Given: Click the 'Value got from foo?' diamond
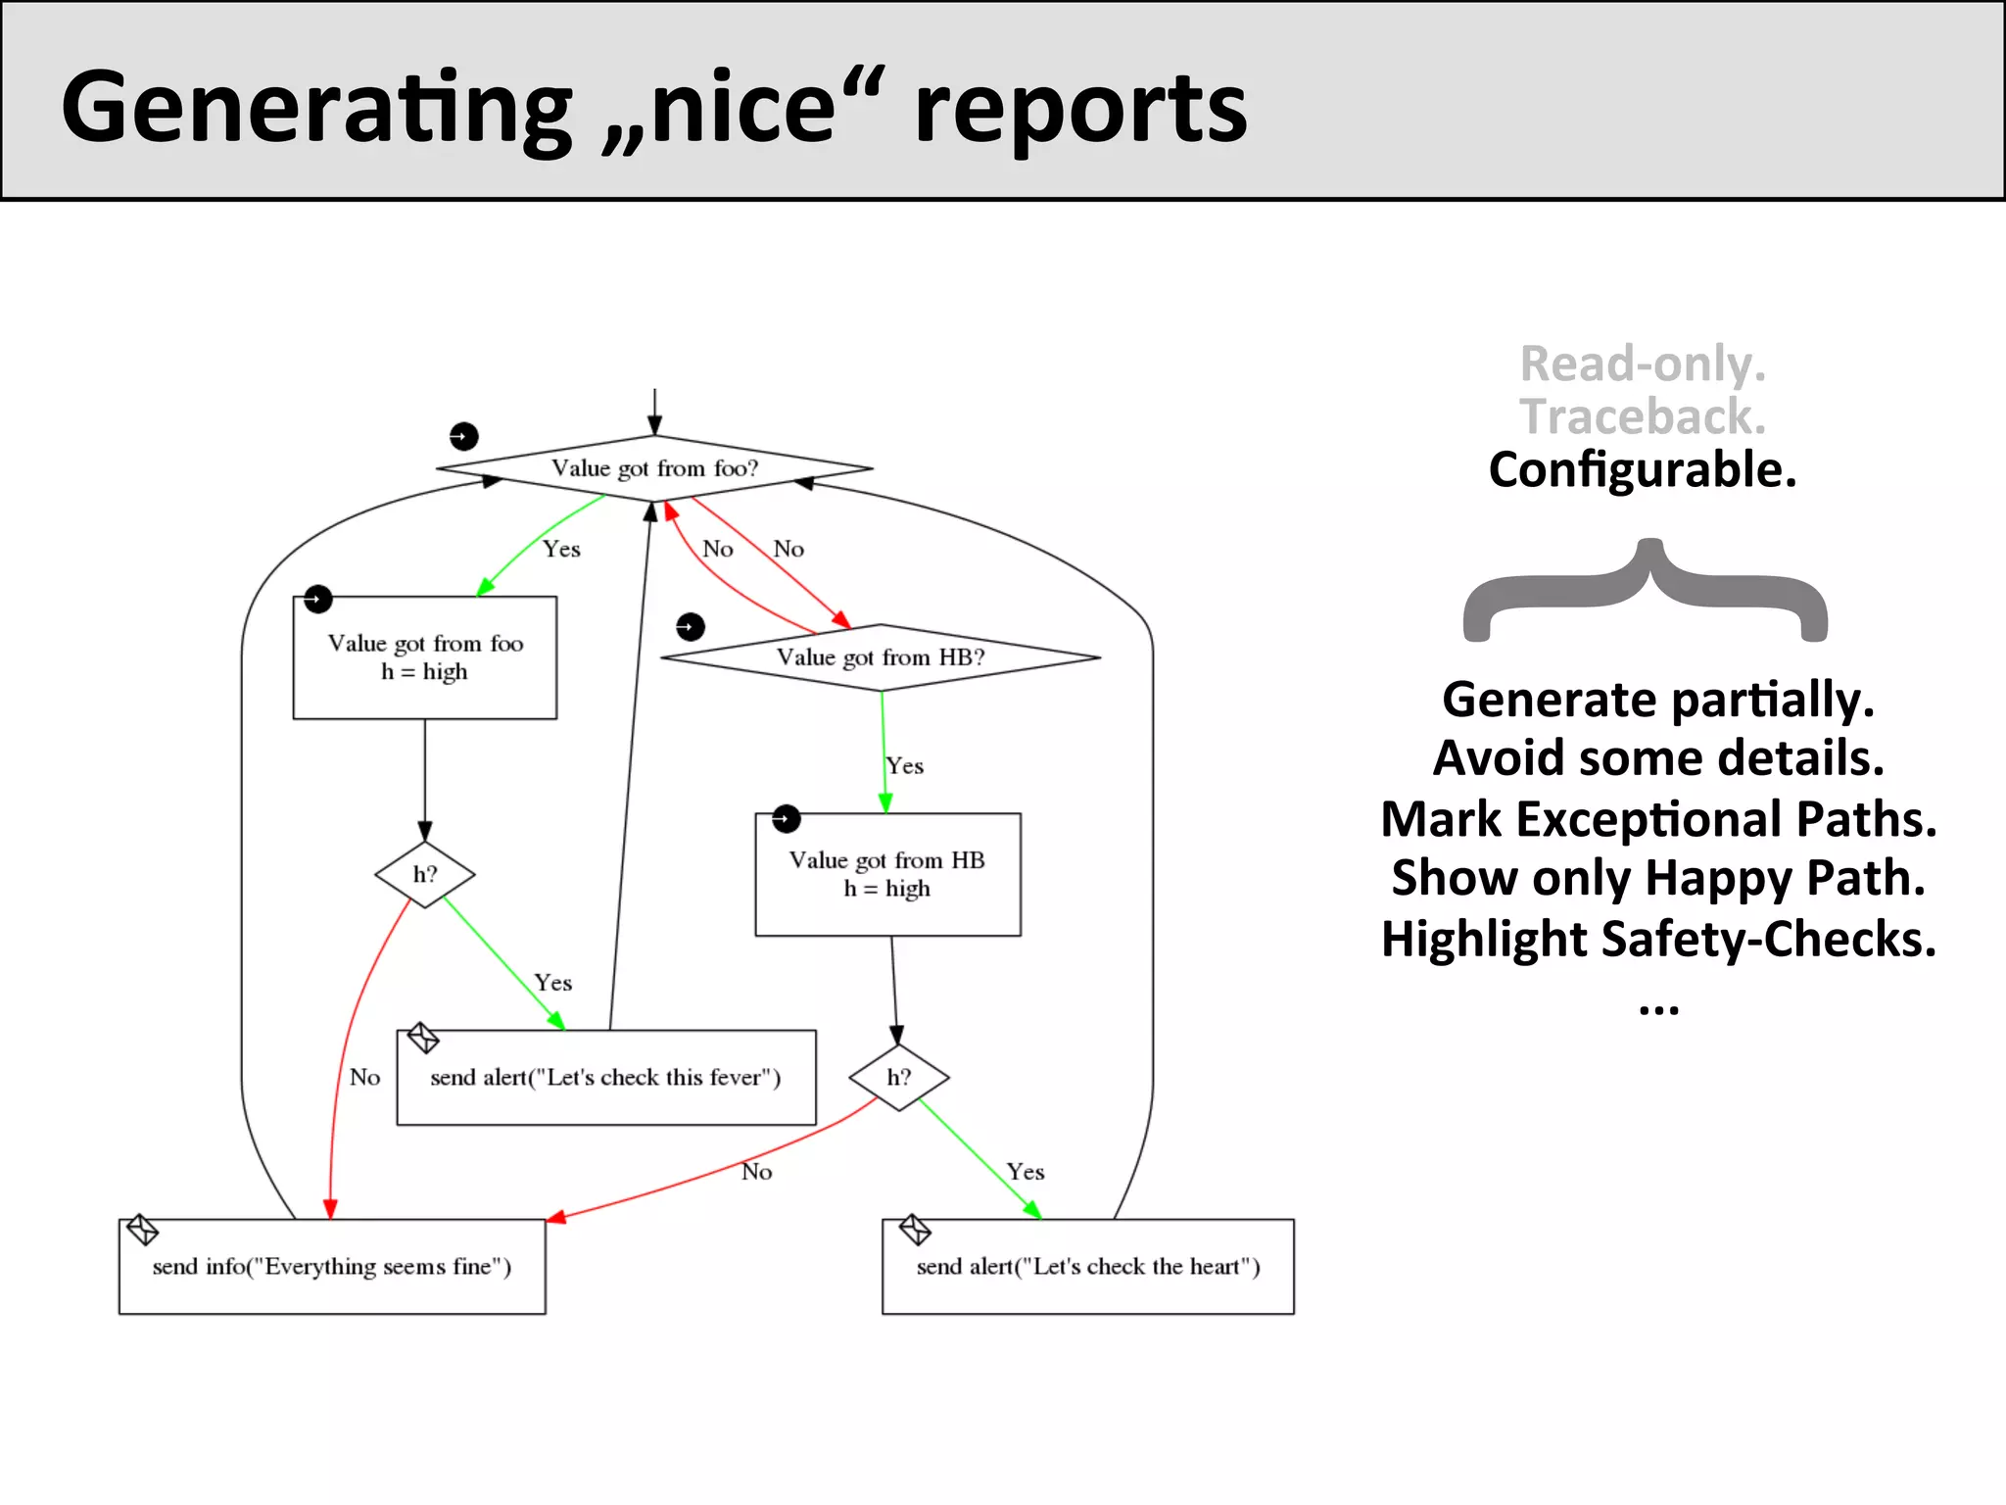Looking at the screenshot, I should [x=654, y=468].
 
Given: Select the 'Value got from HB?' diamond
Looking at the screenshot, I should [x=881, y=657].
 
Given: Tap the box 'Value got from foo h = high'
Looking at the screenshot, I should [x=425, y=657].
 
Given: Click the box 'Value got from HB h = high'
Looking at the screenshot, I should [x=887, y=874].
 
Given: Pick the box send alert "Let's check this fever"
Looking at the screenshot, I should [x=606, y=1078].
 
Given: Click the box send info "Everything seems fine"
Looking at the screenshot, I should [x=332, y=1267].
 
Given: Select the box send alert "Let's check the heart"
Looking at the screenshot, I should [x=1088, y=1267].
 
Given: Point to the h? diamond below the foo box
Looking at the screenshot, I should [x=425, y=874].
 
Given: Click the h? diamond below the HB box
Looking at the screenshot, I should [x=899, y=1078].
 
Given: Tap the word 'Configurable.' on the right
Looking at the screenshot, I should [x=1643, y=469].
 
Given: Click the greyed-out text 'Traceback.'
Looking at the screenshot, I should [x=1643, y=416].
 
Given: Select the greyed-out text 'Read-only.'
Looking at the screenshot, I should [x=1643, y=364].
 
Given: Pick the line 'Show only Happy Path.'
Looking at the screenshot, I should [x=1658, y=878].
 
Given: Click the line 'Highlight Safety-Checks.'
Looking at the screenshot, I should [x=1658, y=939].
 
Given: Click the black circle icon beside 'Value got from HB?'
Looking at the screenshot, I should [x=691, y=626].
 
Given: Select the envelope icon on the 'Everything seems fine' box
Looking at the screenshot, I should [x=143, y=1230].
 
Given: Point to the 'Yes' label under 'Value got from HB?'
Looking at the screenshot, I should [x=905, y=765].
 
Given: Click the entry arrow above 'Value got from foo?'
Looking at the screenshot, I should [x=654, y=412].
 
